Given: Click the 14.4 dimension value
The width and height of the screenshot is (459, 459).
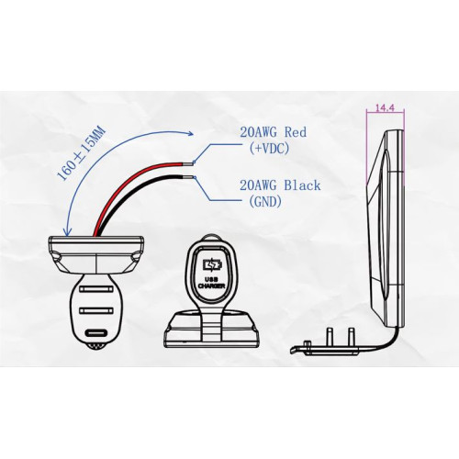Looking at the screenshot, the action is click(385, 107).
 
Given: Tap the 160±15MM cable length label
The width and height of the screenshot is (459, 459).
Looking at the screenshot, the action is click(81, 153).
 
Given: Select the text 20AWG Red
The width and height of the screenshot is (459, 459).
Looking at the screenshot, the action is click(273, 132).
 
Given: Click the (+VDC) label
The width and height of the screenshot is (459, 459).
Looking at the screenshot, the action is click(269, 149).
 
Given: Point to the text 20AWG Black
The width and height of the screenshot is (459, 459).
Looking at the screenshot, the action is click(280, 185).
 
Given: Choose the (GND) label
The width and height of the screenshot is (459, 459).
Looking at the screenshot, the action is click(265, 201).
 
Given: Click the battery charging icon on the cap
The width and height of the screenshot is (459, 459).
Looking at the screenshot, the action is click(212, 264).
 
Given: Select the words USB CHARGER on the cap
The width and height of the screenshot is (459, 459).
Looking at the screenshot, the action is click(212, 283).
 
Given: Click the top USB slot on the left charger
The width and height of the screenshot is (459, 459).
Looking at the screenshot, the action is click(95, 288).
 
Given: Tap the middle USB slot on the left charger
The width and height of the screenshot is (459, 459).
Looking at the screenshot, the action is click(95, 310).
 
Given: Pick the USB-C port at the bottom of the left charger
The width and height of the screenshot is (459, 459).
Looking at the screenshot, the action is click(95, 333).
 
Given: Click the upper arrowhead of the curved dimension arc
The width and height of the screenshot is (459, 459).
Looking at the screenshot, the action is click(191, 133).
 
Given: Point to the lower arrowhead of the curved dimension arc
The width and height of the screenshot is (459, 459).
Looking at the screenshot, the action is click(68, 232).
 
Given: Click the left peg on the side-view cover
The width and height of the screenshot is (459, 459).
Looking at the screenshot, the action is click(330, 337).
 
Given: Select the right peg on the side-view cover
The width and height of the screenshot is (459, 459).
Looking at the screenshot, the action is click(351, 337).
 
